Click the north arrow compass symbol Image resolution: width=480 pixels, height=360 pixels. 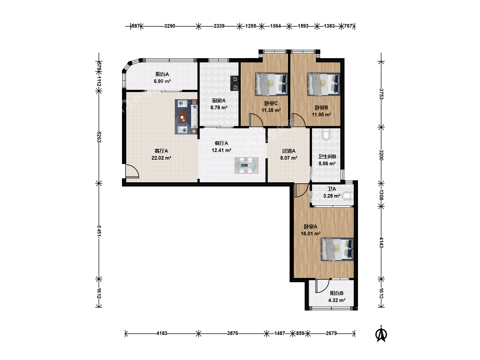click(381, 334)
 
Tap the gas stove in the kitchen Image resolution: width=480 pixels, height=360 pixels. click(234, 83)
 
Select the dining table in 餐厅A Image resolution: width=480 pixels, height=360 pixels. click(246, 165)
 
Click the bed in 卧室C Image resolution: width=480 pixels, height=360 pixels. click(271, 84)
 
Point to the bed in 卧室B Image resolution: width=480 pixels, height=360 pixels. click(324, 84)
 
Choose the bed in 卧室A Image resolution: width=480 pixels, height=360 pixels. click(337, 249)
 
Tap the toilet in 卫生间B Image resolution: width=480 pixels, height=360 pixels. click(326, 134)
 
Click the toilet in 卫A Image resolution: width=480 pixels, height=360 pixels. click(348, 196)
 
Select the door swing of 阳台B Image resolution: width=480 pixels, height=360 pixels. click(322, 286)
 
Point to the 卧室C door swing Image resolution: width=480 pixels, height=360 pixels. click(256, 120)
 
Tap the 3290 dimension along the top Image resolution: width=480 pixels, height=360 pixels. click(170, 26)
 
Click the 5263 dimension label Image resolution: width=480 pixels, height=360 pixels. click(99, 137)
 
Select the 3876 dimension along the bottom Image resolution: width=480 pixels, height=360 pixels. click(232, 333)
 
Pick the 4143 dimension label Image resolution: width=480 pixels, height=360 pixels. click(381, 243)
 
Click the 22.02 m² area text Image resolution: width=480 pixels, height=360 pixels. click(161, 158)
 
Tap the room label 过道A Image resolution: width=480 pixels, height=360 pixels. click(289, 151)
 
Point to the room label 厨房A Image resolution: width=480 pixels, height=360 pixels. click(219, 101)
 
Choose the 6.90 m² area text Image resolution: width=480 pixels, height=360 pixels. click(162, 81)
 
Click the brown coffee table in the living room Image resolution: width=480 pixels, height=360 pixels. click(182, 117)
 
